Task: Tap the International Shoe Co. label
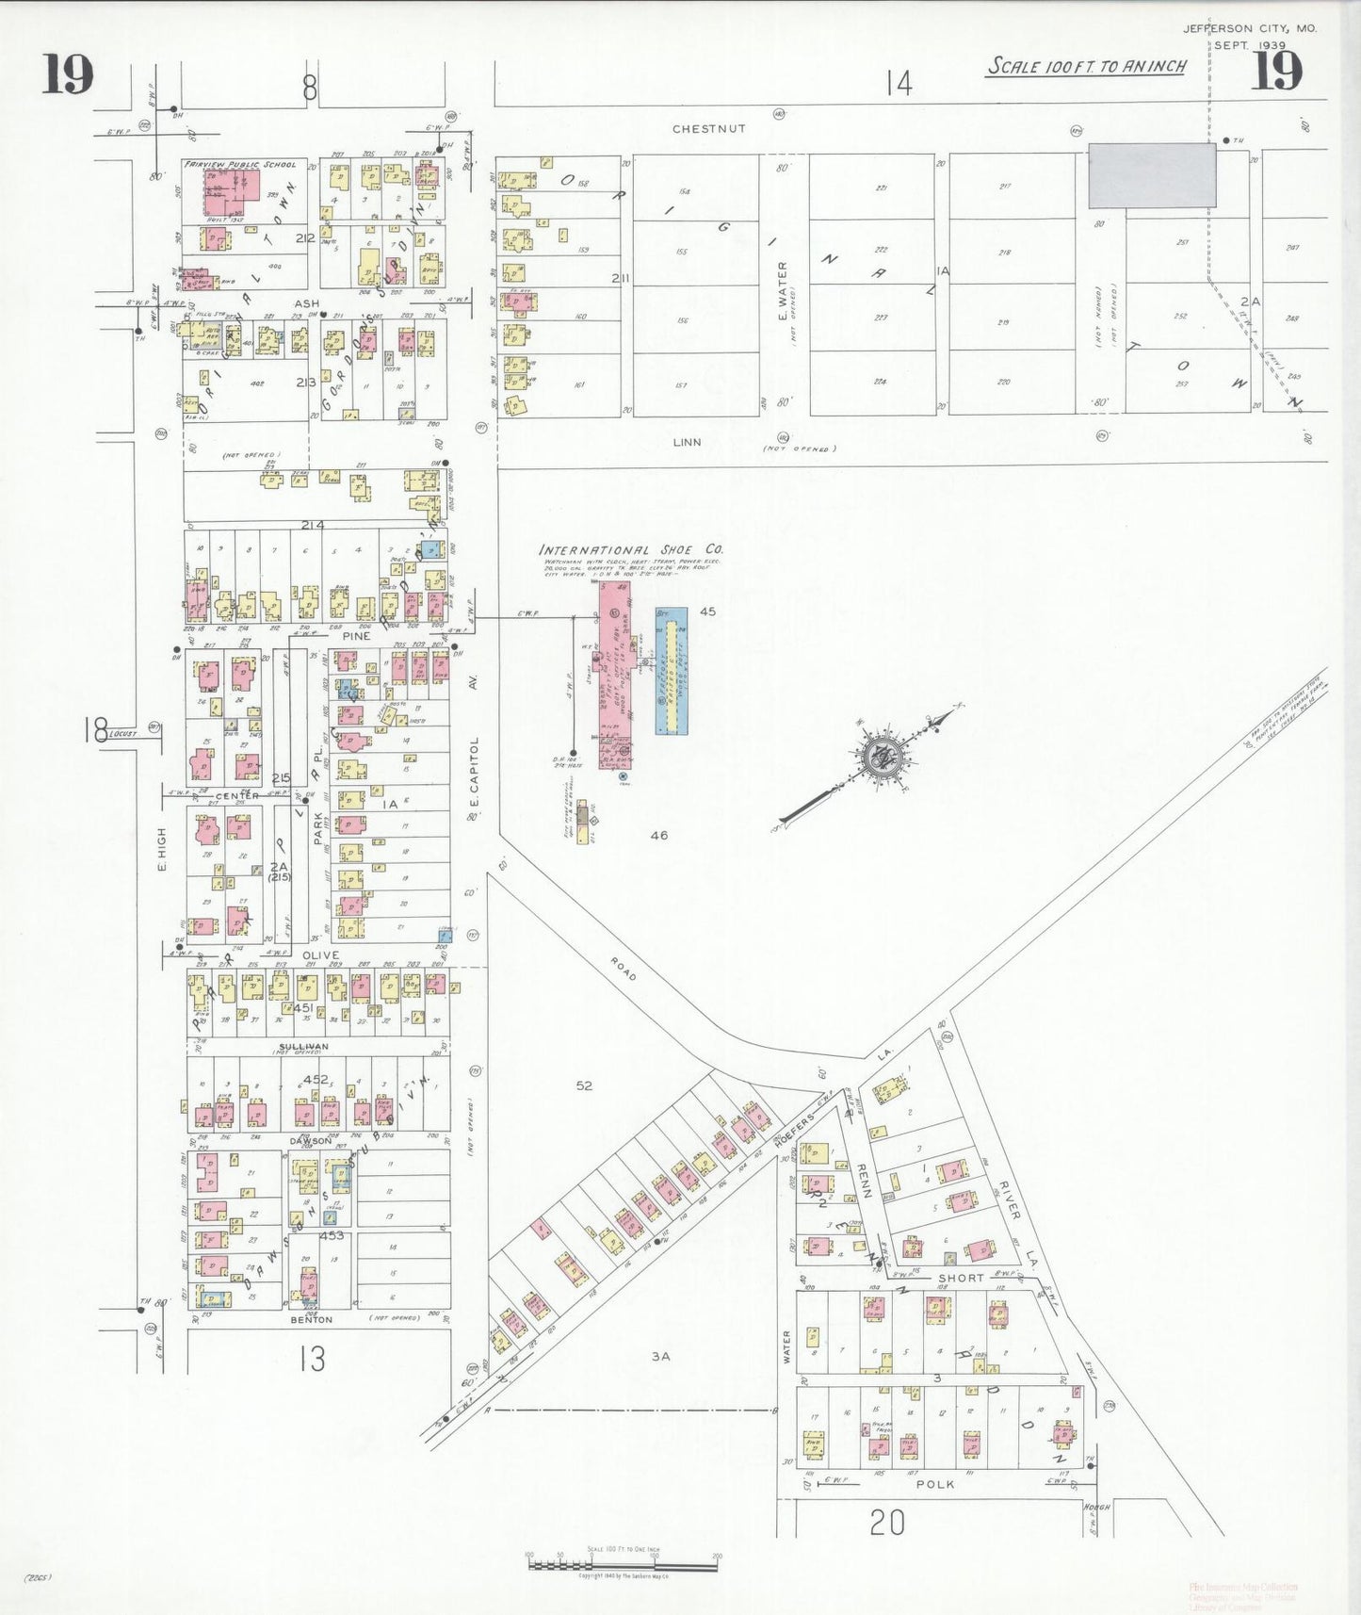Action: [630, 549]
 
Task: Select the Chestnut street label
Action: [708, 128]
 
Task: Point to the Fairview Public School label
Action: [240, 164]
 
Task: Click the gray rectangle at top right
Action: [1152, 175]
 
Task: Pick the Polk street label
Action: [934, 1484]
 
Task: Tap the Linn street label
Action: [687, 441]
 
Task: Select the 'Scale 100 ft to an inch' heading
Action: [1086, 67]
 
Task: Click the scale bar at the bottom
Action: [624, 1565]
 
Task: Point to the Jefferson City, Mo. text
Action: [1250, 28]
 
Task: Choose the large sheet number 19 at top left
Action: [67, 75]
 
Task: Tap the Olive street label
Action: [320, 955]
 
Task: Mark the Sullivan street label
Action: [303, 1047]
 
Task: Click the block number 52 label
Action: [584, 1085]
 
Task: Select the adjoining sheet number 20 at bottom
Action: [886, 1522]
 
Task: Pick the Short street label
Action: [960, 1279]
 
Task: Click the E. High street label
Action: [161, 848]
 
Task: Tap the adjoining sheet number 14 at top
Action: [899, 85]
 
